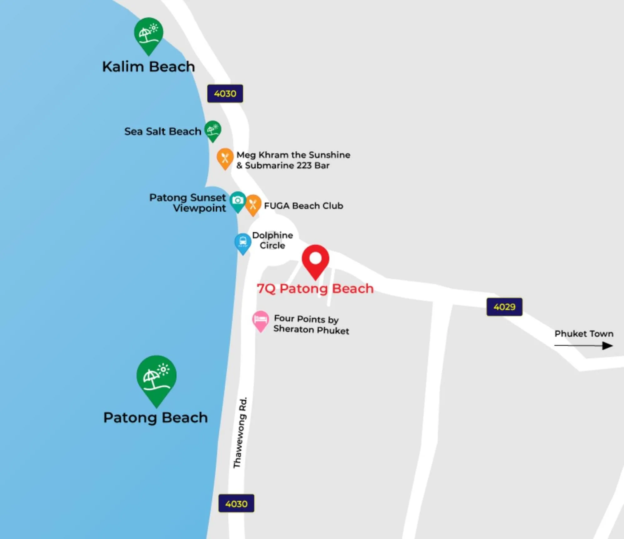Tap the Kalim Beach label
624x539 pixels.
coord(149,67)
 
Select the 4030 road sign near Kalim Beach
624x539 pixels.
coord(225,93)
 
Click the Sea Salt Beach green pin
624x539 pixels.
coord(213,130)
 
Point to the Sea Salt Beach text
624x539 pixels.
coord(163,131)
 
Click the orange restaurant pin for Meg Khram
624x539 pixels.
coord(225,158)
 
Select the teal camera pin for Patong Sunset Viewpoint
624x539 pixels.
coord(238,201)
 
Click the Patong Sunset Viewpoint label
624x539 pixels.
coord(188,203)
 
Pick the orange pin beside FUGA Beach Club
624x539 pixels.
coord(253,204)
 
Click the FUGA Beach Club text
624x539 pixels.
coord(303,206)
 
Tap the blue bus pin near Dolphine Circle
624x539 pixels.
coord(243,243)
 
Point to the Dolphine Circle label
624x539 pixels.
coord(273,240)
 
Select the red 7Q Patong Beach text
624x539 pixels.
coord(315,289)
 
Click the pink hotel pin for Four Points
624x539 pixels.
coord(260,320)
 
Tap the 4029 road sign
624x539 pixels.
coord(504,307)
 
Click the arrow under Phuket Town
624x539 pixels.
coord(584,345)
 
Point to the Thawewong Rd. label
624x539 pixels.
coord(240,433)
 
